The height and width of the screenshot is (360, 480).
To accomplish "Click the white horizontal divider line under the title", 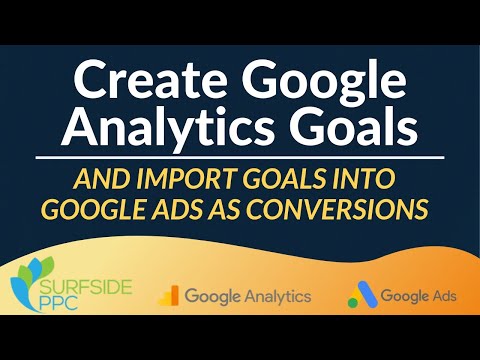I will click(240, 158).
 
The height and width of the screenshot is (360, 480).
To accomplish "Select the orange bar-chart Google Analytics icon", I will click(170, 296).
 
